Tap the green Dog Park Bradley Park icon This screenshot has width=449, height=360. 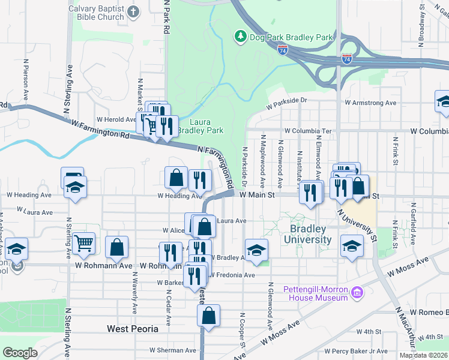click(240, 37)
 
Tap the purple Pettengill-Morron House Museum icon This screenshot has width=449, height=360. click(357, 293)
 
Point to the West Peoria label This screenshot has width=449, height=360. click(133, 329)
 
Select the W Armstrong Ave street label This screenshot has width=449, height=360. click(370, 103)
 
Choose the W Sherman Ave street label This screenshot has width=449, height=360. click(173, 350)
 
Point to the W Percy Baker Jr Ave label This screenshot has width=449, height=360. click(357, 351)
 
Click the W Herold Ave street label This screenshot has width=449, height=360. click(120, 119)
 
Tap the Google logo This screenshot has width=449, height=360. click(20, 353)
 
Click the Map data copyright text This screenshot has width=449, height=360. click(423, 355)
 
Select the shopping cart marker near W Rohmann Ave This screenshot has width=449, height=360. click(85, 243)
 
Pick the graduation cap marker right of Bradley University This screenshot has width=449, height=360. click(352, 246)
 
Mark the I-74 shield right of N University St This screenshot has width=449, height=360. click(347, 59)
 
